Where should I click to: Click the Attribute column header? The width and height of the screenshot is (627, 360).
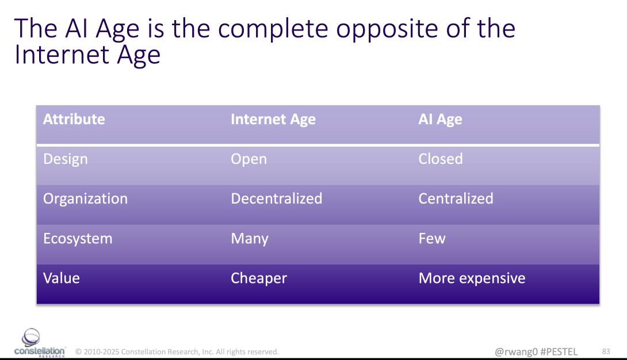[x=74, y=119]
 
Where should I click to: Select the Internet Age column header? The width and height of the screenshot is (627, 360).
[x=273, y=120]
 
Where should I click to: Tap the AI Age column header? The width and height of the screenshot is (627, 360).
[x=440, y=120]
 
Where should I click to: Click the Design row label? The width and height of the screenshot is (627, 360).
[x=66, y=159]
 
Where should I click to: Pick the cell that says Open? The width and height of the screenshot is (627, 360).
[x=248, y=159]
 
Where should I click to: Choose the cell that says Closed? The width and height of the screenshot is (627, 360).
[x=441, y=159]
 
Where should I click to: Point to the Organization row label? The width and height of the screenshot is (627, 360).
[x=86, y=199]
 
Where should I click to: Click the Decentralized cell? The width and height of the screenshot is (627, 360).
[x=276, y=198]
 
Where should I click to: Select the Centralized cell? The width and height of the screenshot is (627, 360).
[x=456, y=198]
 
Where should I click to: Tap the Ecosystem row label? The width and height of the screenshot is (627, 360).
[x=78, y=239]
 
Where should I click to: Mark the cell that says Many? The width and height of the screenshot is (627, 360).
[x=250, y=239]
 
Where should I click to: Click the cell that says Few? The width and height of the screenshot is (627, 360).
[x=432, y=239]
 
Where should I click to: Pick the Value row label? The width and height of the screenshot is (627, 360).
[x=62, y=278]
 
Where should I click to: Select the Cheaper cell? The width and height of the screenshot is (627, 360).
[x=259, y=278]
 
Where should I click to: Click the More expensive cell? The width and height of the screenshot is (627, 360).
[x=472, y=278]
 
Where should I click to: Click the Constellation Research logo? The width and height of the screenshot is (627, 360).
[x=39, y=343]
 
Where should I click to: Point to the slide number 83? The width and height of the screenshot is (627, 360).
[x=606, y=351]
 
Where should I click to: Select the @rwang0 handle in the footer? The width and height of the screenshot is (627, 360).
[x=516, y=351]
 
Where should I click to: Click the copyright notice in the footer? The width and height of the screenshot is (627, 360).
[x=177, y=351]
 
